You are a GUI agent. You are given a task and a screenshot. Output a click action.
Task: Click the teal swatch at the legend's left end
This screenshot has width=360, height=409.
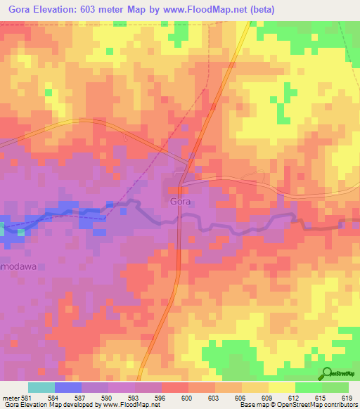(41, 387)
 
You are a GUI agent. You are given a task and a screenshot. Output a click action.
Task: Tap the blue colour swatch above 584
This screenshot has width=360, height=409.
(67, 387)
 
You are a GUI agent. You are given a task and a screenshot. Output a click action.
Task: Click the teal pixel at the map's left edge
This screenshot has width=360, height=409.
(2, 227)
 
